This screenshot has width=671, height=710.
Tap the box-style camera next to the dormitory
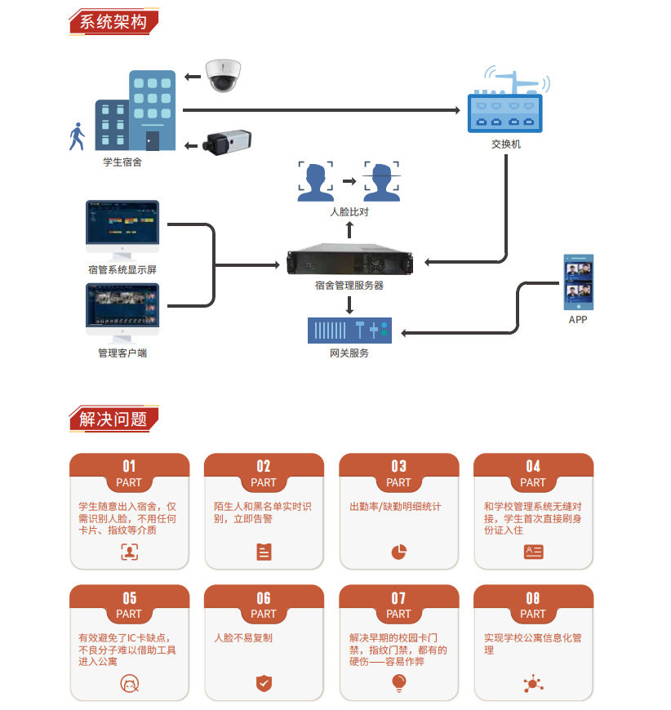point(228,144)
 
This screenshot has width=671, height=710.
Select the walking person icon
point(78,136)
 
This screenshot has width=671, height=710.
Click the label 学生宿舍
point(122,162)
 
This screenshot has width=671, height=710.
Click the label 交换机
point(505,144)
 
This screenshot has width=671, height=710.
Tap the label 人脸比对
point(349,212)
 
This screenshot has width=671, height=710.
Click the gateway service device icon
point(349,331)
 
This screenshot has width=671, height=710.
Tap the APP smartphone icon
point(578,282)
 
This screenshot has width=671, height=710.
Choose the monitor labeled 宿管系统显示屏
point(122,229)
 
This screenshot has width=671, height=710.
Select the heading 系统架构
point(114,22)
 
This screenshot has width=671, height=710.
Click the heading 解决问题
point(114,419)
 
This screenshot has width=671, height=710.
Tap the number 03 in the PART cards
point(398,466)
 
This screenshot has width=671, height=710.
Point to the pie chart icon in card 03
point(398,552)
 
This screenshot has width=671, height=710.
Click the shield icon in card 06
point(264,683)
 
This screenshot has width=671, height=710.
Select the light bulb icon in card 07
point(398,682)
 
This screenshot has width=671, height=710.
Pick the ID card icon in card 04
point(533,552)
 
